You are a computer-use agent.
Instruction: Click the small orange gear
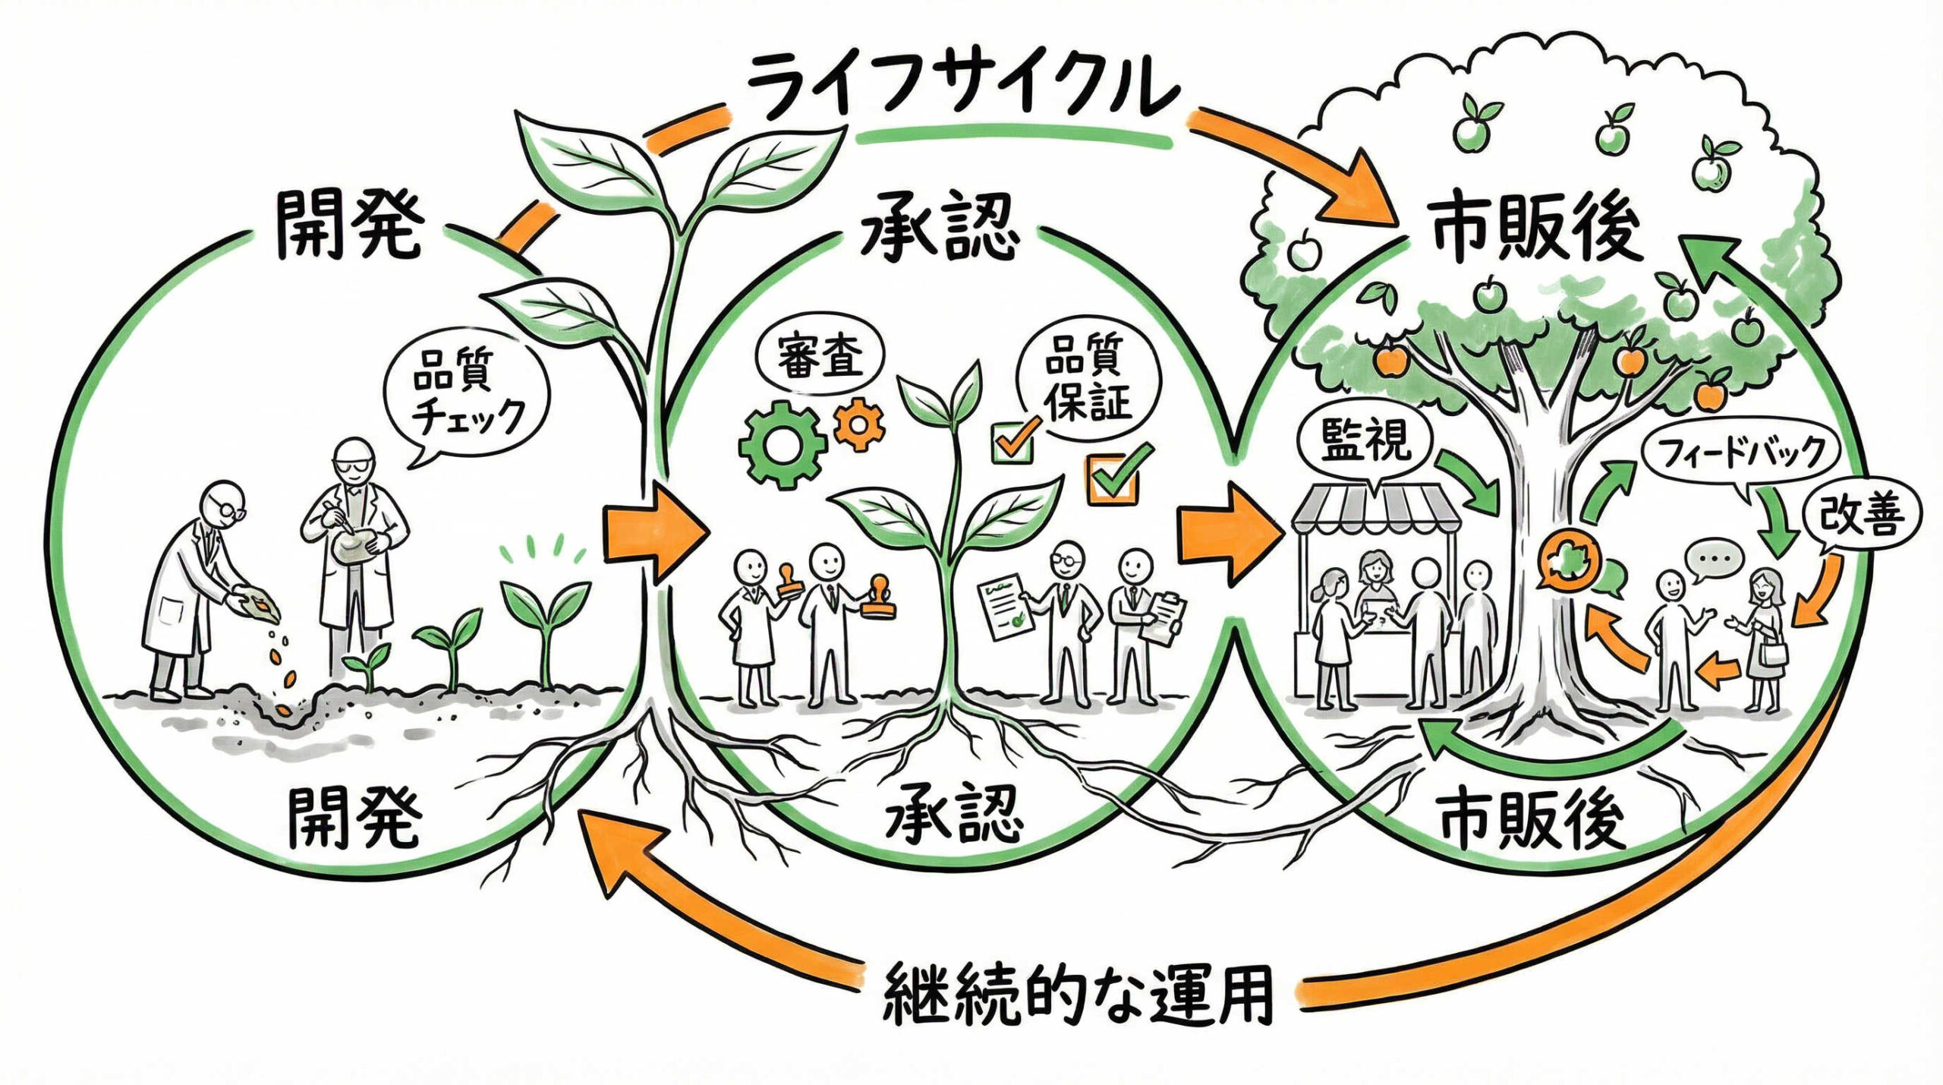(x=859, y=424)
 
